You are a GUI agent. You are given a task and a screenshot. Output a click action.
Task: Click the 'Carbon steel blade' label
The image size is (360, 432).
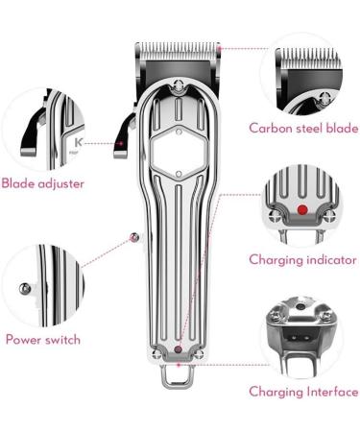(303, 128)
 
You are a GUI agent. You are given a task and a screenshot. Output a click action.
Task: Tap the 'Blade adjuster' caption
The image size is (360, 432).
(42, 182)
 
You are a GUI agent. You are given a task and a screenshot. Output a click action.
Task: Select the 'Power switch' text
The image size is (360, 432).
(42, 339)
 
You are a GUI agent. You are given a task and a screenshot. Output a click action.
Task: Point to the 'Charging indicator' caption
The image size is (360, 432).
(303, 259)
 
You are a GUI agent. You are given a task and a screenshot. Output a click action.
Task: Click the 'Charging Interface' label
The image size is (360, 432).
(303, 392)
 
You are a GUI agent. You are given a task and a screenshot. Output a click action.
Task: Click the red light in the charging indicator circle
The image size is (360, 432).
(303, 208)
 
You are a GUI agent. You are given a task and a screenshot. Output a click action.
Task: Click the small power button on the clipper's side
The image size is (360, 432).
(133, 237)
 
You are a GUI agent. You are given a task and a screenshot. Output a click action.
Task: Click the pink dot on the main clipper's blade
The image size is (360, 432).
(220, 47)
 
